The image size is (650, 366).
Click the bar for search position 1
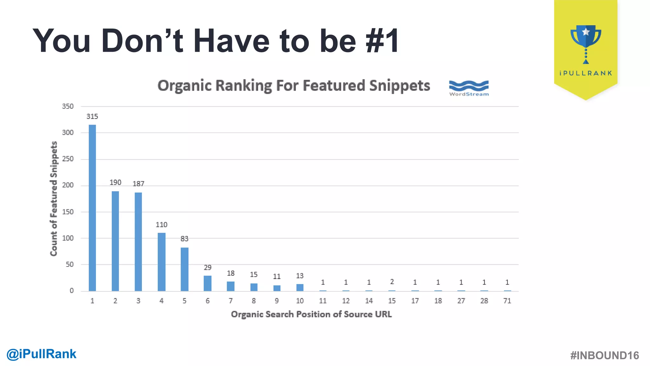pos(92,208)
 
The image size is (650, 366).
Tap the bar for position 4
pos(161,262)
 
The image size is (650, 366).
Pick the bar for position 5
pos(184,269)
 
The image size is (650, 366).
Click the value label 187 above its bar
pos(138,184)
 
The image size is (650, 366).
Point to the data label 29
pos(208,268)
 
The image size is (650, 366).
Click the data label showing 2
pos(392,281)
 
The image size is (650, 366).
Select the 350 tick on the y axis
pos(68,106)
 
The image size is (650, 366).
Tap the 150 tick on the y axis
pos(68,212)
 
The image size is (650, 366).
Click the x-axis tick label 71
pos(507,301)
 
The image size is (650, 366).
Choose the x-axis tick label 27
pos(461,301)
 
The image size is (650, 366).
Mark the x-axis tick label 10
pos(300,301)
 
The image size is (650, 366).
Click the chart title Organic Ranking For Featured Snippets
pos(294,86)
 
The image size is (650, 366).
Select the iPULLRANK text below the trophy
pos(586,73)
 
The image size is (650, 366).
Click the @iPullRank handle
pos(41,354)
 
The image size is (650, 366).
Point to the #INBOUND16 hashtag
pos(604,356)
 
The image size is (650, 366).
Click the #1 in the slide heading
pos(382,41)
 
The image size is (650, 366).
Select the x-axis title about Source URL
pos(311,314)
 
